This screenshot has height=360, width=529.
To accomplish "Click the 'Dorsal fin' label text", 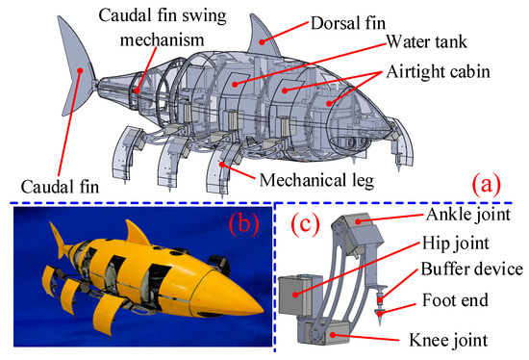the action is (x=348, y=23).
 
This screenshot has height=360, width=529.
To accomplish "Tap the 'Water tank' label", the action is (x=426, y=42).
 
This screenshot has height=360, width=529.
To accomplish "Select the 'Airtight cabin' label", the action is (x=438, y=71).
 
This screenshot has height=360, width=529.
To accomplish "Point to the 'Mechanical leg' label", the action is (x=316, y=180).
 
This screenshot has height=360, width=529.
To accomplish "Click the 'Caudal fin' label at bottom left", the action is (x=60, y=187).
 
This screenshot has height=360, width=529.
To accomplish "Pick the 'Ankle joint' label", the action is (x=468, y=215).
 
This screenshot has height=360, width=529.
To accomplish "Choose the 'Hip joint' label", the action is (x=456, y=244).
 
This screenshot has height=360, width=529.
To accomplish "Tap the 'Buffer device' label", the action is (x=471, y=270).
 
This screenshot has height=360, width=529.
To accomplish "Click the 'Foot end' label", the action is (x=456, y=300).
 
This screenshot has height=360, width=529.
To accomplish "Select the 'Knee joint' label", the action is (x=448, y=340).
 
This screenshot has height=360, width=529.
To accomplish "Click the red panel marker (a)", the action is (x=486, y=184).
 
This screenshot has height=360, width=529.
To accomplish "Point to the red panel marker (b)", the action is (x=244, y=224).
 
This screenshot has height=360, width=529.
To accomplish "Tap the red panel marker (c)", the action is (x=305, y=224).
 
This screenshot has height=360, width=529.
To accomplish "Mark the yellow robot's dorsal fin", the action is (x=135, y=234).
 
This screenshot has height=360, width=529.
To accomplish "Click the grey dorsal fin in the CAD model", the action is (x=263, y=39).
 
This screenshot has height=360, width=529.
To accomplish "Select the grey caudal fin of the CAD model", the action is (x=77, y=67).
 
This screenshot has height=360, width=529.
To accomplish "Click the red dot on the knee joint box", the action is (x=333, y=335).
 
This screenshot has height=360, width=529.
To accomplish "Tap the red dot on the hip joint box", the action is (x=295, y=295).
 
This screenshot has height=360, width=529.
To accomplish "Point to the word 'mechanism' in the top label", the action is (x=162, y=40).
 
